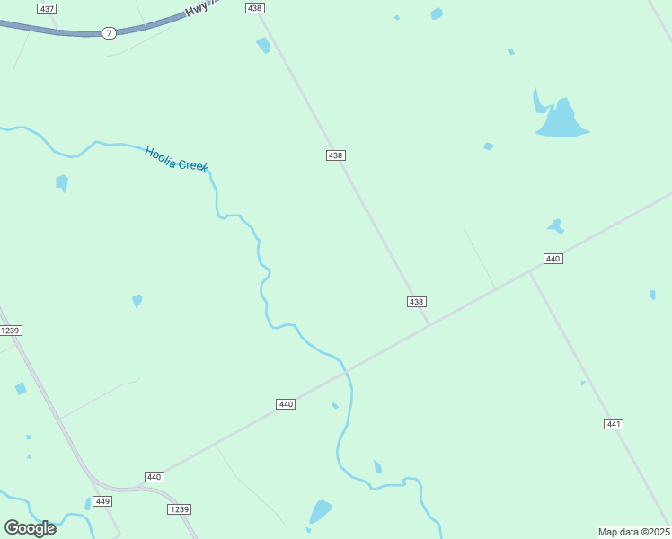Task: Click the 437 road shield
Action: [47, 8]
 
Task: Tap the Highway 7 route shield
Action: [109, 33]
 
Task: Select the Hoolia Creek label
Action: [176, 160]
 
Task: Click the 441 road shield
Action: [614, 424]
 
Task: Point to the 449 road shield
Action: [102, 501]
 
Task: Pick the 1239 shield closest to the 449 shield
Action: [179, 509]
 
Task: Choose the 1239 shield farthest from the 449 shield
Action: [10, 331]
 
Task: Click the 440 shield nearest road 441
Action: [553, 259]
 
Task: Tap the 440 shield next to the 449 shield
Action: [154, 477]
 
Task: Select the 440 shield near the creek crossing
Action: [286, 404]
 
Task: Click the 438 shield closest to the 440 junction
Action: [416, 302]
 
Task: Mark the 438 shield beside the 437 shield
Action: [254, 8]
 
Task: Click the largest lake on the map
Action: [561, 121]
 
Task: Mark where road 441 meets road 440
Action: [529, 271]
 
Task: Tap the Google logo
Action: [30, 528]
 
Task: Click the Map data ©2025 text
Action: [633, 532]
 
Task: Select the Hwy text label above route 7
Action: [197, 10]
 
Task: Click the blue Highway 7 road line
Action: [54, 31]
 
